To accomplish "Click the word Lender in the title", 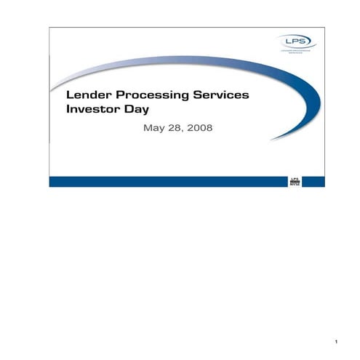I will click(85, 95).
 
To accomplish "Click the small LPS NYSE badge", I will click(295, 180).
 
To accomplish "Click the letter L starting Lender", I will click(70, 95).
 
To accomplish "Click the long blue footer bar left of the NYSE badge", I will click(167, 181).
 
